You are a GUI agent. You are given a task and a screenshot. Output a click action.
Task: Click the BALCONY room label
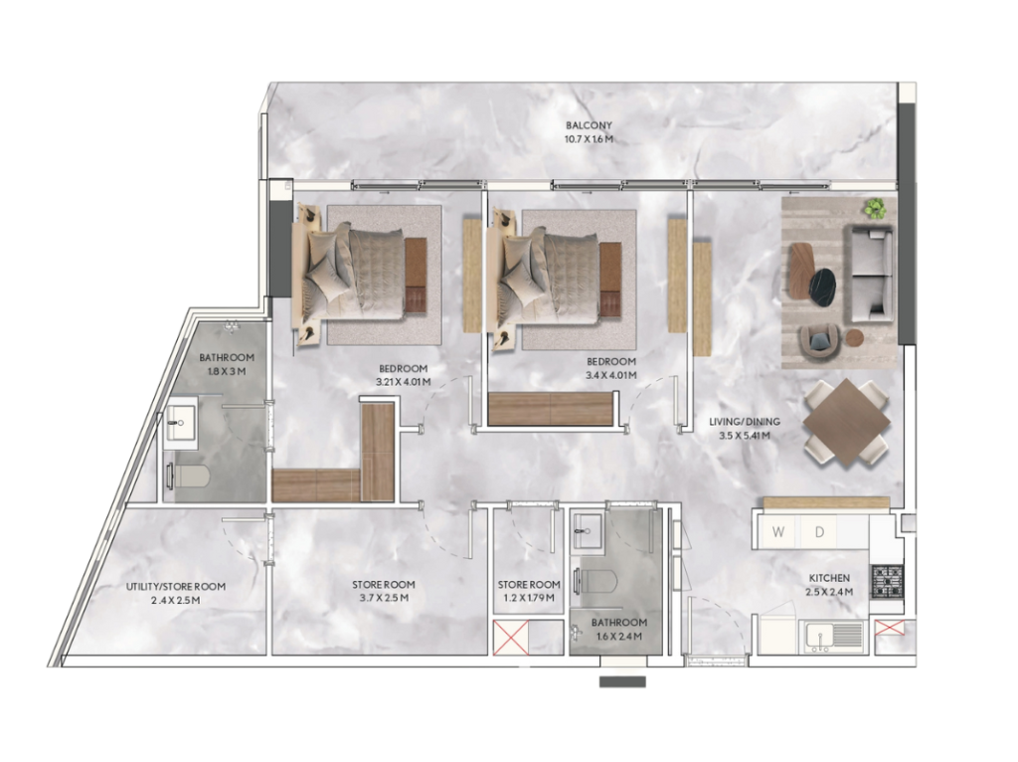click(x=589, y=125)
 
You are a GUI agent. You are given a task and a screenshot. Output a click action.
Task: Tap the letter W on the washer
click(x=777, y=532)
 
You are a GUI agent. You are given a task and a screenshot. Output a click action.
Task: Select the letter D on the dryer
click(x=819, y=532)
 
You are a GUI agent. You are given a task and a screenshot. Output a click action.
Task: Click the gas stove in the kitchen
click(x=886, y=581)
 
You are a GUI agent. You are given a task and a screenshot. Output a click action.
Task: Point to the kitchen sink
click(x=835, y=636)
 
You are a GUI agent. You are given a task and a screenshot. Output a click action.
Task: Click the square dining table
click(x=845, y=422)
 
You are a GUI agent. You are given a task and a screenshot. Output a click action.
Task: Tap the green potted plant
click(x=875, y=207)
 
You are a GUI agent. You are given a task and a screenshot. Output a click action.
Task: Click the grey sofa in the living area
click(x=868, y=274)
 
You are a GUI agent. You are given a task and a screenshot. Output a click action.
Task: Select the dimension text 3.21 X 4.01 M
click(x=404, y=383)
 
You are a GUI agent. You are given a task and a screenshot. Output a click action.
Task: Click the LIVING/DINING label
click(x=745, y=422)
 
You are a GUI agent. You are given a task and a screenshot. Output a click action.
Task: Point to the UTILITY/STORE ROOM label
click(x=176, y=587)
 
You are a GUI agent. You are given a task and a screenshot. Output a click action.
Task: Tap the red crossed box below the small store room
click(x=511, y=637)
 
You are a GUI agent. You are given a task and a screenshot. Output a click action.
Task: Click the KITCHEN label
click(x=829, y=578)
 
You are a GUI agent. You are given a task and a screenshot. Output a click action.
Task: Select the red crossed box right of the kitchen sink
click(x=889, y=628)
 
